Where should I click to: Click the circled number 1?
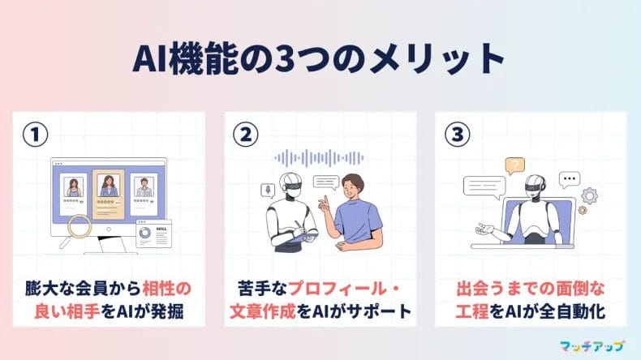point(33,132)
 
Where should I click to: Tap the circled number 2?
point(244,132)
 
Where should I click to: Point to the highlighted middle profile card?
point(107,191)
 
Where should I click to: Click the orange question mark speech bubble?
point(514,166)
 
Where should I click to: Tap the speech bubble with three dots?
point(569,180)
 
